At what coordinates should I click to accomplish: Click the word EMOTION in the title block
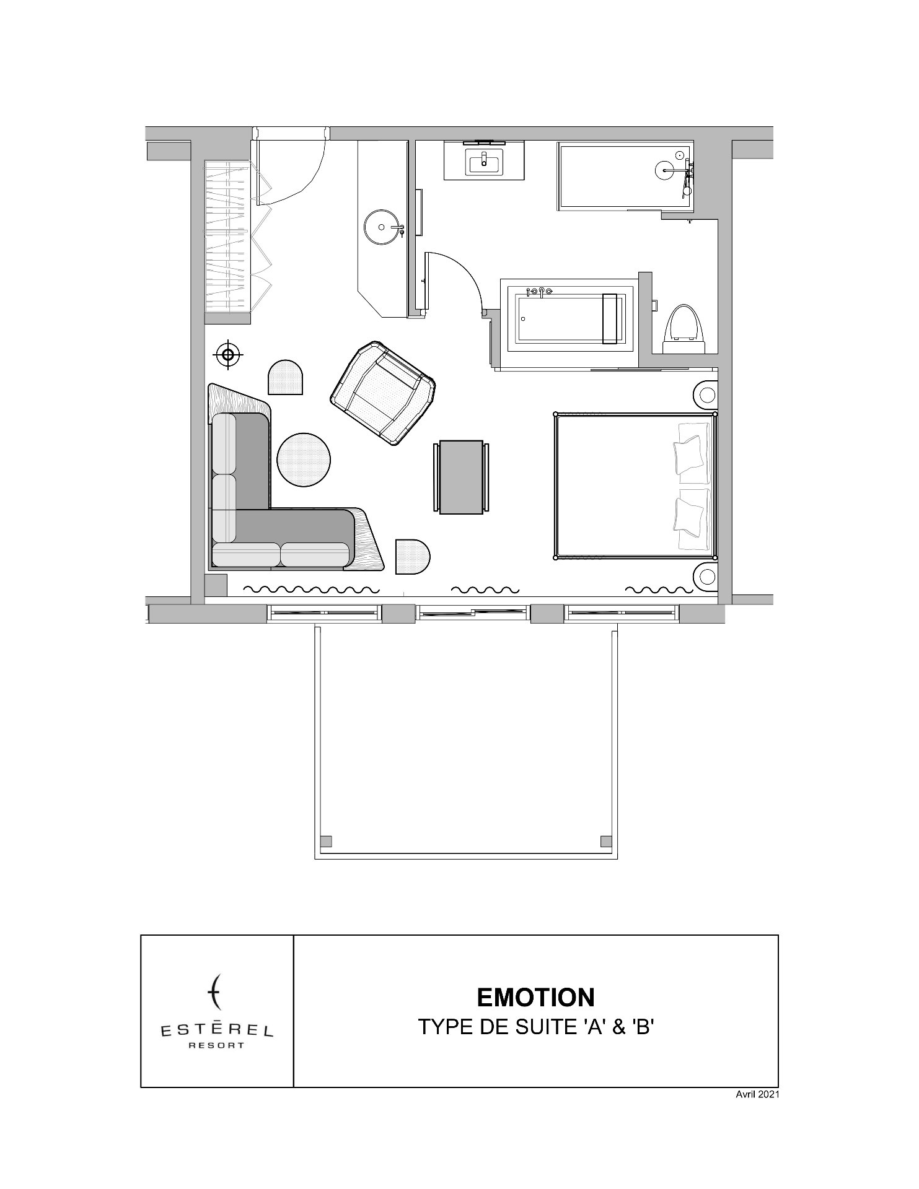pos(536,997)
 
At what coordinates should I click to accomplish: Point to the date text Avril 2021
pos(757,1094)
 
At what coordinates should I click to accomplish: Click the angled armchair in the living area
pos(383,393)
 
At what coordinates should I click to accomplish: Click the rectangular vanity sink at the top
pos(485,163)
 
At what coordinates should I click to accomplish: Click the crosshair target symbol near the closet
pos(228,355)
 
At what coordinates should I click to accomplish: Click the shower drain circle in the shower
pos(664,170)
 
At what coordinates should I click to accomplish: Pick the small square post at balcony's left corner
pos(326,841)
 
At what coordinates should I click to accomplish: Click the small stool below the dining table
pos(413,557)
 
